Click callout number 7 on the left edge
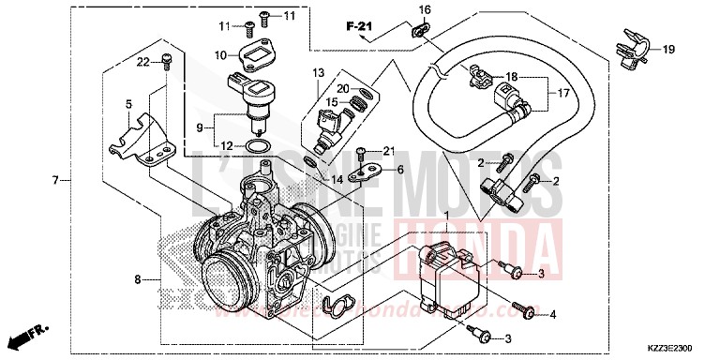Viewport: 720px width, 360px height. (55, 179)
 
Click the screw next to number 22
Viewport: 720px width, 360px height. (167, 62)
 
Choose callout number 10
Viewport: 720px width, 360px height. (220, 55)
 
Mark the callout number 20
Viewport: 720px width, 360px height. (343, 88)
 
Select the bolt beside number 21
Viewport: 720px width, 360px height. (364, 151)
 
